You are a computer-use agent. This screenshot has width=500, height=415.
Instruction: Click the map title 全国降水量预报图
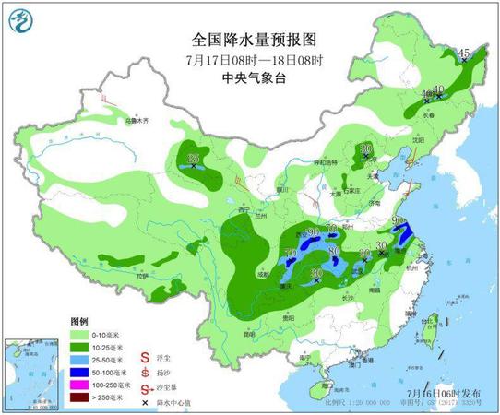(240, 41)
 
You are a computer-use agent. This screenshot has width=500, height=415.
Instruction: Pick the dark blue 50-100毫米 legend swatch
(82, 366)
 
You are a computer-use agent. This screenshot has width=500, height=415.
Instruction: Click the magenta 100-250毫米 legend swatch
(82, 378)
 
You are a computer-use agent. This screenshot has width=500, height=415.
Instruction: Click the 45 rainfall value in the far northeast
(464, 53)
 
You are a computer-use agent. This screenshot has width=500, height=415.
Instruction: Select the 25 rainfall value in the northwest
(194, 159)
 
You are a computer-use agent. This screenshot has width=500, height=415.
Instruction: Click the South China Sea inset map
(28, 373)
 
